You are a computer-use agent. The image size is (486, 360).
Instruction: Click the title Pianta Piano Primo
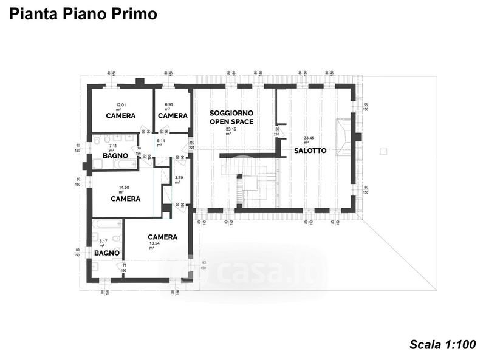[83, 14]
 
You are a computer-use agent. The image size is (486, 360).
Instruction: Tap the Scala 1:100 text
[442, 345]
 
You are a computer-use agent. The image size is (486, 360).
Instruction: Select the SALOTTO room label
[311, 151]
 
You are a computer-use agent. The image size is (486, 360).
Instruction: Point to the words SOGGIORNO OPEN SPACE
[231, 117]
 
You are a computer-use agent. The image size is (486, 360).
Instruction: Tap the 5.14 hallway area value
[162, 141]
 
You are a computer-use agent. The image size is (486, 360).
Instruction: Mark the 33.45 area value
[310, 137]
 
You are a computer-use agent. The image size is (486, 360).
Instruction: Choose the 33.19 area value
[231, 129]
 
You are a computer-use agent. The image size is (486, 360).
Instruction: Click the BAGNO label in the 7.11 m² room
[115, 156]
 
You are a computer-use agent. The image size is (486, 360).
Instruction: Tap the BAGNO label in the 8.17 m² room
[106, 253]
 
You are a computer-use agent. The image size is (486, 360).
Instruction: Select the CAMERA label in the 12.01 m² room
[120, 115]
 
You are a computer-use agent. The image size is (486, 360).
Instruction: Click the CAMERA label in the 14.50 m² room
[126, 199]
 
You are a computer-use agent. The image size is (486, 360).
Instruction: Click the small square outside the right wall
[383, 150]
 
